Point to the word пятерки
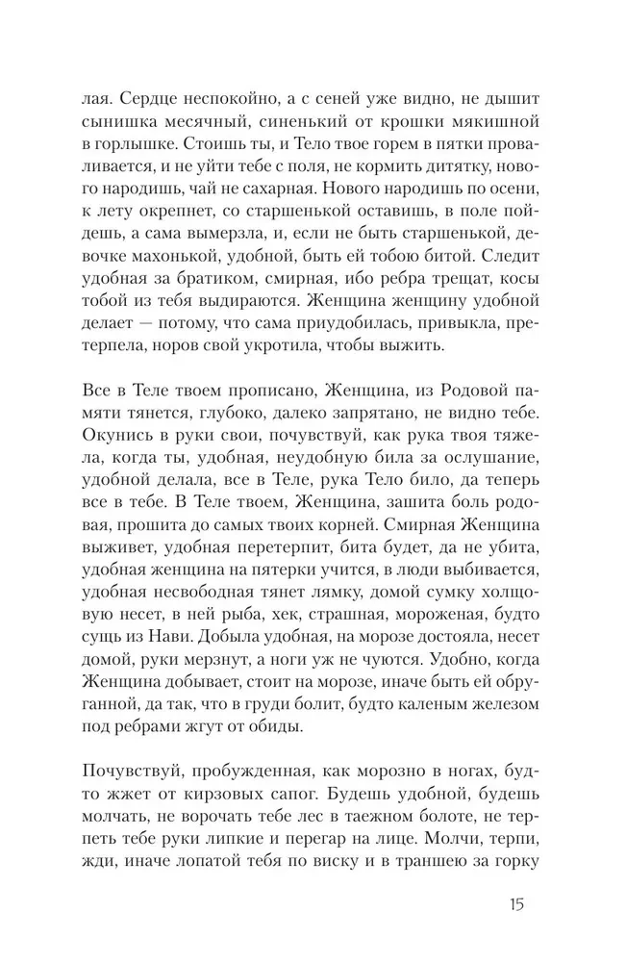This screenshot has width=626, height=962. point(270,614)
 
